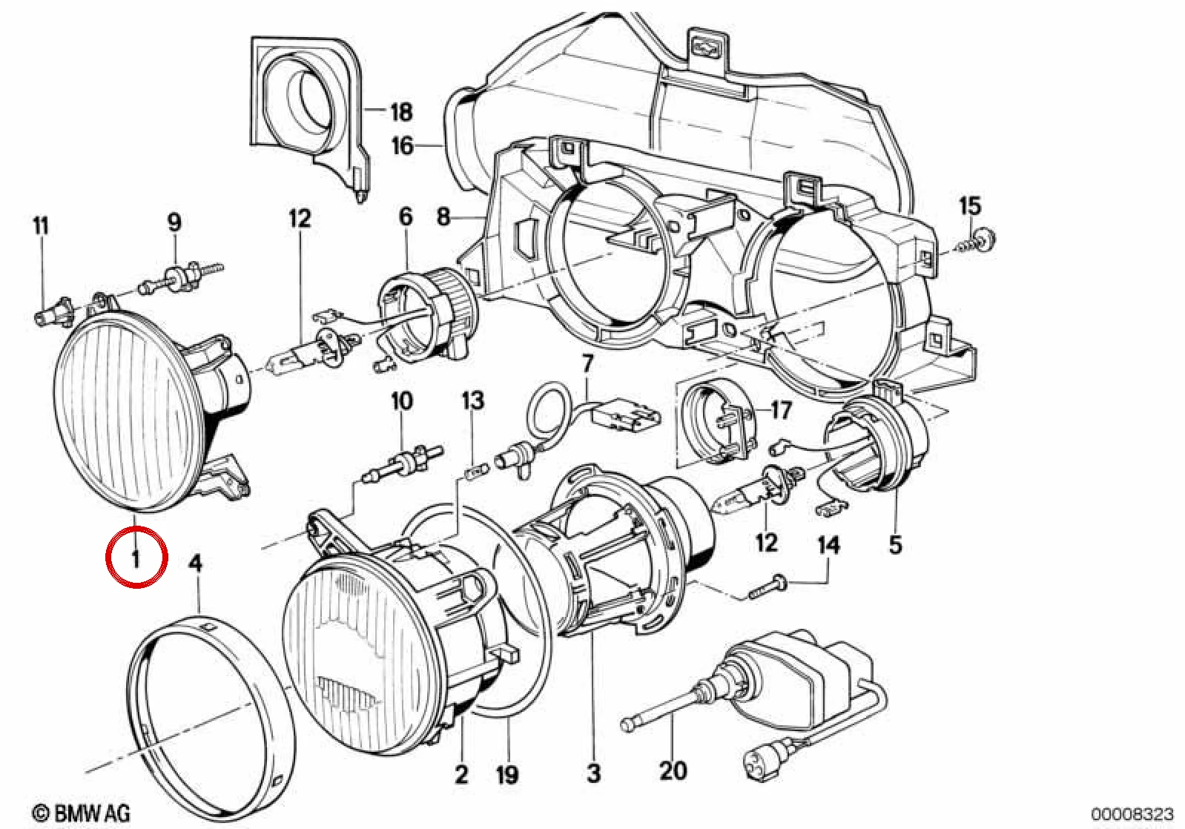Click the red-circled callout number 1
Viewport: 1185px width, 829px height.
(136, 558)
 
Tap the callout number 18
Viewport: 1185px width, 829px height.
(401, 112)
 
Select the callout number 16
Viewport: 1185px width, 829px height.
(402, 145)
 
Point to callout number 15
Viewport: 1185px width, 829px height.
(970, 206)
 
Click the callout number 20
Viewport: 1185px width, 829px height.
(673, 770)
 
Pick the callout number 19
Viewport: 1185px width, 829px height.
(506, 775)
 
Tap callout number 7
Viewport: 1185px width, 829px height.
(588, 364)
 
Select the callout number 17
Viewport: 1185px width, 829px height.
(781, 409)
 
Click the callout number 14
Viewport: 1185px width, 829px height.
(828, 545)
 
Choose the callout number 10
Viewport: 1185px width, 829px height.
(401, 401)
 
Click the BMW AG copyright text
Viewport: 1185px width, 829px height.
(82, 813)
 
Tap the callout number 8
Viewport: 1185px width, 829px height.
(443, 217)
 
